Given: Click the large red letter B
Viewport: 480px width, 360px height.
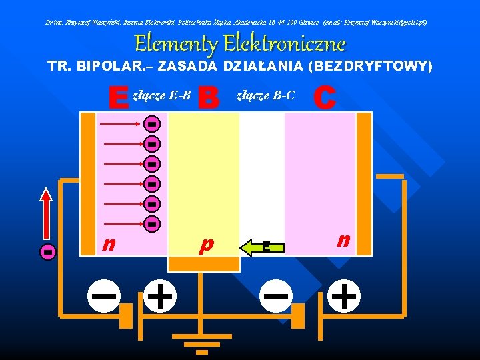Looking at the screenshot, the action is (x=209, y=98).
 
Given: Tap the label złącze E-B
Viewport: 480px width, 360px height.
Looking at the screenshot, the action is (x=162, y=96).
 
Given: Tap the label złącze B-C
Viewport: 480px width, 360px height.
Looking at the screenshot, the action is (x=266, y=96).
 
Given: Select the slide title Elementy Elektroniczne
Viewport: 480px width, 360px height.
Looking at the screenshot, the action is (x=240, y=44).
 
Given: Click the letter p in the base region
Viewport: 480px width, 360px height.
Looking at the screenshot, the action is (x=207, y=245).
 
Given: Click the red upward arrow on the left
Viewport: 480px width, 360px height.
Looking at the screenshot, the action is (x=46, y=212).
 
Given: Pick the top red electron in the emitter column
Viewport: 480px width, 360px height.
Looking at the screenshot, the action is (x=152, y=124).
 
